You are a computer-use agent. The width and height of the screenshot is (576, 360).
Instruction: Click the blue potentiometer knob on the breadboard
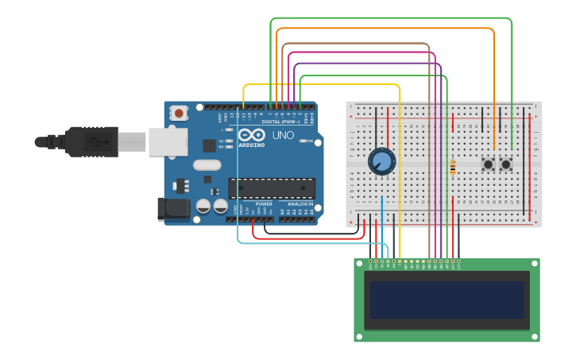[x=381, y=162]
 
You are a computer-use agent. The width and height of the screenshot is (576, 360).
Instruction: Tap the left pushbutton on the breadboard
[x=488, y=165]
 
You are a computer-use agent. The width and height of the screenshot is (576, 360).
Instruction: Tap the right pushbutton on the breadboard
[x=504, y=165]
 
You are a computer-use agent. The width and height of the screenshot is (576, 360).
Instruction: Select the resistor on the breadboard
[x=453, y=167]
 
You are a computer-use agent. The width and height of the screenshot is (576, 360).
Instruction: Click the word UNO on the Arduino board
[x=284, y=135]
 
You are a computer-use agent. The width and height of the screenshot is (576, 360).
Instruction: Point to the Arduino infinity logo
[x=249, y=134]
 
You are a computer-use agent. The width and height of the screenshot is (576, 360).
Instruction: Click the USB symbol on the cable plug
[x=94, y=142]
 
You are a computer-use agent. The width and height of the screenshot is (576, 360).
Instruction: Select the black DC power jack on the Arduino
[x=173, y=209]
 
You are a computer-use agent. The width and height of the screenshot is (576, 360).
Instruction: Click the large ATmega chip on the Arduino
[x=272, y=188]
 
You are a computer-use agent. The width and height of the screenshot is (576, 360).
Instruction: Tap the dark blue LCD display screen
[x=446, y=300]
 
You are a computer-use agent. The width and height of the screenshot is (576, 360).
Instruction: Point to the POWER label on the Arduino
[x=264, y=204]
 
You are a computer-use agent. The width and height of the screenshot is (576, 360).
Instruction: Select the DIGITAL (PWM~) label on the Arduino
[x=279, y=121]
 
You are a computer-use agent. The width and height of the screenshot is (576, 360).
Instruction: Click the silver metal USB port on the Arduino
[x=168, y=141]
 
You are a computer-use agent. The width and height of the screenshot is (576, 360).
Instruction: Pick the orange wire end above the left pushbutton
[x=495, y=148]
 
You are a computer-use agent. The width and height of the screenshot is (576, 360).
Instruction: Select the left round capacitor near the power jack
[x=203, y=207]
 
